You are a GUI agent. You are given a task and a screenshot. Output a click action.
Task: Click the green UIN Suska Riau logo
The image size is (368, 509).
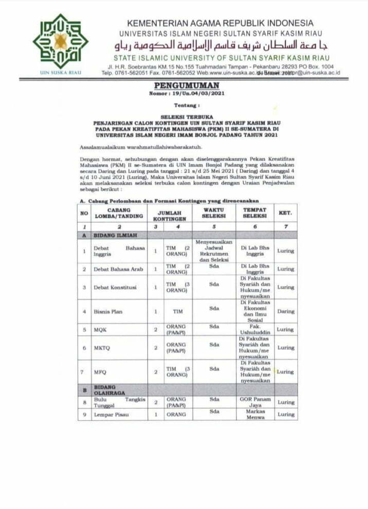60,42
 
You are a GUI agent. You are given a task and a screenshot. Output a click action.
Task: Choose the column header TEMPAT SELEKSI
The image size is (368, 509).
254,213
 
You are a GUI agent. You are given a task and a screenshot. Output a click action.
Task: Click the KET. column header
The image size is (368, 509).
286,212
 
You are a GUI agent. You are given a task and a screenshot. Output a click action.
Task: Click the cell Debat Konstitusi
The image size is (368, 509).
114,287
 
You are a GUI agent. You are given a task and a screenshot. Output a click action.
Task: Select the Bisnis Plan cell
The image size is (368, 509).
108,311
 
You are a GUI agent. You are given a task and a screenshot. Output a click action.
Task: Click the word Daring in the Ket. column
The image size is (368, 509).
286,311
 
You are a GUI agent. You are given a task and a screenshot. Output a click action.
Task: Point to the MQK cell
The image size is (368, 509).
99,329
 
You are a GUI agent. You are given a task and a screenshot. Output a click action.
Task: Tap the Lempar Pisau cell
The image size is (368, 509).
111,414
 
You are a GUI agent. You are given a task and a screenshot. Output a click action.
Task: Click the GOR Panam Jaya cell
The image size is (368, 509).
254,402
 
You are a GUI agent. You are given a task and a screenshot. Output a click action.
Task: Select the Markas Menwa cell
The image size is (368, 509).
255,414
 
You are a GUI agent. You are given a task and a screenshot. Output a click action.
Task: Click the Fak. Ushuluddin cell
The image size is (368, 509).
255,329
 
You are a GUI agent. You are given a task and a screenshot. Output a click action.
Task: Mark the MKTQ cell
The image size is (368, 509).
101,348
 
